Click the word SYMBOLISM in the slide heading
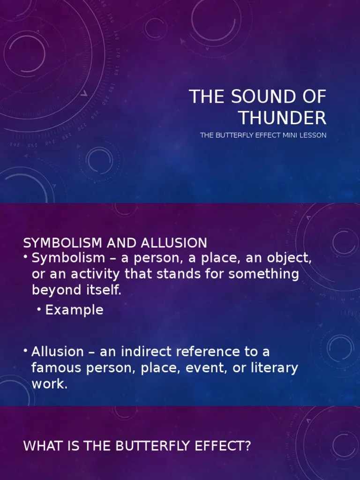(63, 243)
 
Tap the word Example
(75, 310)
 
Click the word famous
(57, 368)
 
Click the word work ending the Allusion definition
(48, 384)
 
